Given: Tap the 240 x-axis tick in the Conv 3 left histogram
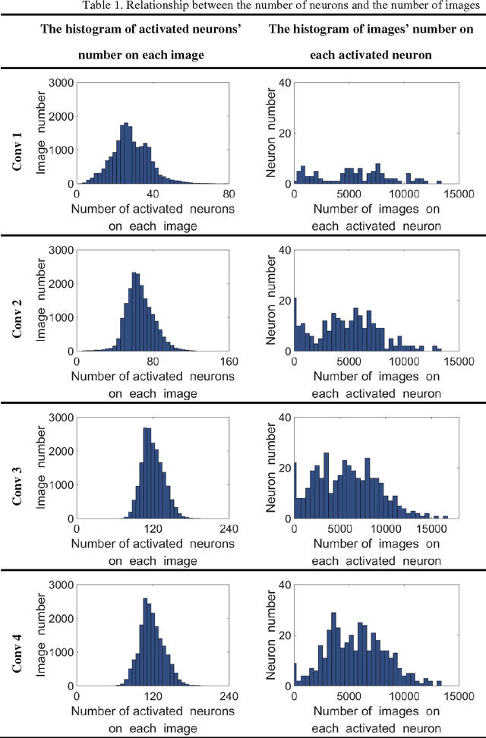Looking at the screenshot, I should click(x=229, y=529).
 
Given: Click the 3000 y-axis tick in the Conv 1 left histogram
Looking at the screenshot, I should click(x=61, y=83).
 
